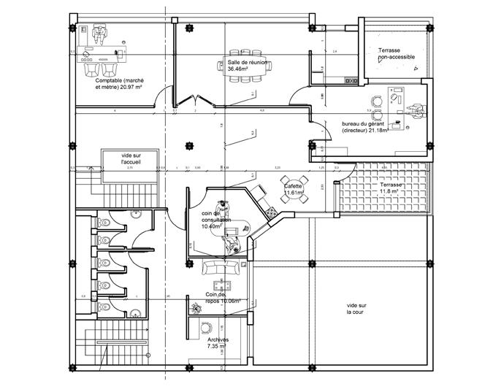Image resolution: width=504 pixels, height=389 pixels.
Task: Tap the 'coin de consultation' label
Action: click(x=216, y=219)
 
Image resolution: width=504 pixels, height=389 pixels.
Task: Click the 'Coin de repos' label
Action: click(x=224, y=298)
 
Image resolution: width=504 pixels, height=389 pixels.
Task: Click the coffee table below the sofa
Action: click(x=218, y=283)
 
